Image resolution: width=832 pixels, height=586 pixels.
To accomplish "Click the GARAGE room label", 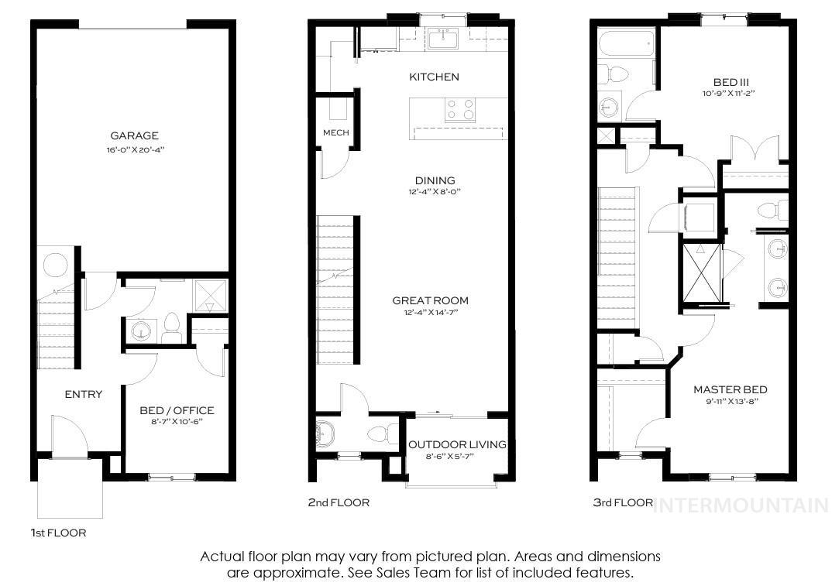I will [134, 135].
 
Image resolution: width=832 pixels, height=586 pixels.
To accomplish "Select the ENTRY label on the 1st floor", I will [83, 394].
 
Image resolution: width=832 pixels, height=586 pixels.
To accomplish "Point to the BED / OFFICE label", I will [177, 410].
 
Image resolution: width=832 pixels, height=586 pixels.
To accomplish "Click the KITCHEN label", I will [434, 77].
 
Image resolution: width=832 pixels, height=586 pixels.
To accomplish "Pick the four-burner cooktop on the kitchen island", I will [459, 111].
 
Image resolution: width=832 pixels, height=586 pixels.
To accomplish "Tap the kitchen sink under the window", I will [444, 39].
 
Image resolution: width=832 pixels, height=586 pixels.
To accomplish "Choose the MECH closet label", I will [335, 132].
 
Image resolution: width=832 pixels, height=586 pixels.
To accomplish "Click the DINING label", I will [435, 180].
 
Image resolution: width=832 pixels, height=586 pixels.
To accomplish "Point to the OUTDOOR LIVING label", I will [457, 444].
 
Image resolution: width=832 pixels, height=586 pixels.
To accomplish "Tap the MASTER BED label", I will [730, 389].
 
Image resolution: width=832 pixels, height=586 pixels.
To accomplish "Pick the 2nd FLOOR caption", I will [339, 502].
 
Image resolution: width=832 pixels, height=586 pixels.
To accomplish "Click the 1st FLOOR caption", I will [58, 533].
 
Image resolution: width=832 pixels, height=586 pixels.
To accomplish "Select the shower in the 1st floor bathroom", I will [209, 295].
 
